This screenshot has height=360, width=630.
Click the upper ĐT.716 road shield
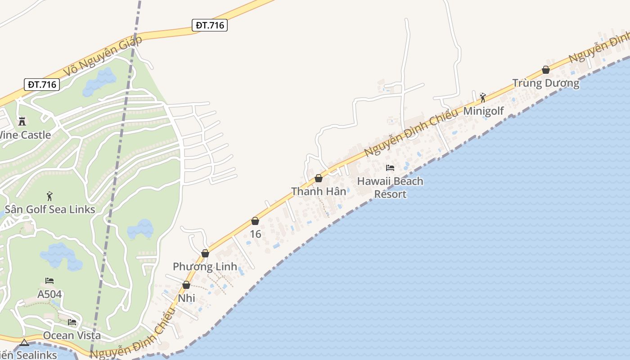pos(210,25)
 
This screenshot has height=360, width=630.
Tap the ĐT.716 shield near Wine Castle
pos(42,84)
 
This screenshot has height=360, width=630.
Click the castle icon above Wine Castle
pos(22,121)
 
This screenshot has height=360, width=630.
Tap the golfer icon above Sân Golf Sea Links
pos(49,196)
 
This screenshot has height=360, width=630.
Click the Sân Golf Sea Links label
pos(50,209)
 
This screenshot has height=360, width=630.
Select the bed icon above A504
pos(49,281)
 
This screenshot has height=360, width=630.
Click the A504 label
pos(49,294)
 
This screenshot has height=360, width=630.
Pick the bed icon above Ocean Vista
pos(72,322)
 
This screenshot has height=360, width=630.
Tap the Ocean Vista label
pos(72,335)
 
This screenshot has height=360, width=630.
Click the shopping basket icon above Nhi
pos(186,285)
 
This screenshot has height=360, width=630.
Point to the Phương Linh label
pos(205,266)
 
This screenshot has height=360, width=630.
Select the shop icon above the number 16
pos(255,221)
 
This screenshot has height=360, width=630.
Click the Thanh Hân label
pos(319,191)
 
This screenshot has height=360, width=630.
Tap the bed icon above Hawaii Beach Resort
pos(390,168)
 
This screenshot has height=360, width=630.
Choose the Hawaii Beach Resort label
pos(390,188)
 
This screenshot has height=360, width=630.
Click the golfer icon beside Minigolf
pos(483,97)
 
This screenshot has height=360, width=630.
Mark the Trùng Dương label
pos(546,83)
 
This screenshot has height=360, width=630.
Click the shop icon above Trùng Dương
pos(546,70)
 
